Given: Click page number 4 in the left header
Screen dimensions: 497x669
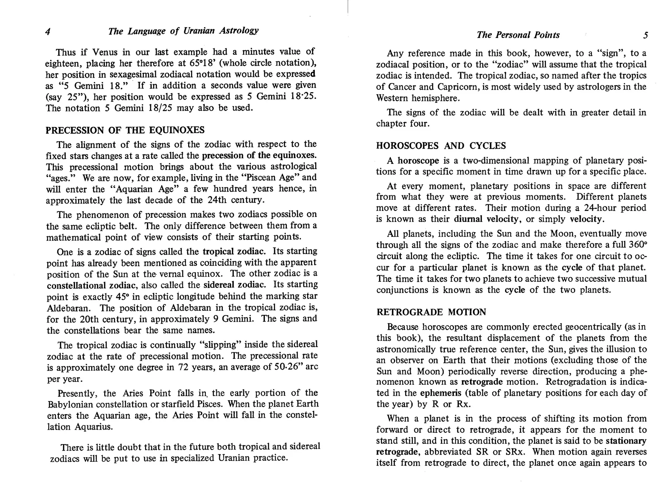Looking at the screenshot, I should [x=48, y=32].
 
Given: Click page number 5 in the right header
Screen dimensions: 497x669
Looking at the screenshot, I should [x=645, y=35].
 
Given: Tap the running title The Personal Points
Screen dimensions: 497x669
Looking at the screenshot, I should [x=518, y=35].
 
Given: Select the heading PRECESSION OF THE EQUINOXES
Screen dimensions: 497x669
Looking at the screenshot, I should [x=125, y=130].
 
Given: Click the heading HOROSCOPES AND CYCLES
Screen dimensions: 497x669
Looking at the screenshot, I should [x=441, y=146].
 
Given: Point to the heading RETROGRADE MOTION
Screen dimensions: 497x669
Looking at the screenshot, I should [x=431, y=312].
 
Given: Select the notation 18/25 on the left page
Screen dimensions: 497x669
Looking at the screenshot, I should [x=160, y=108].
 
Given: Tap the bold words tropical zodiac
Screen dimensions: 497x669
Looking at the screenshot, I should [x=233, y=251].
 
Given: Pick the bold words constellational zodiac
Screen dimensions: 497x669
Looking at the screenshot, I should [x=91, y=286].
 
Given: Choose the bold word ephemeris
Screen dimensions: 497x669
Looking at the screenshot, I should [x=440, y=393].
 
